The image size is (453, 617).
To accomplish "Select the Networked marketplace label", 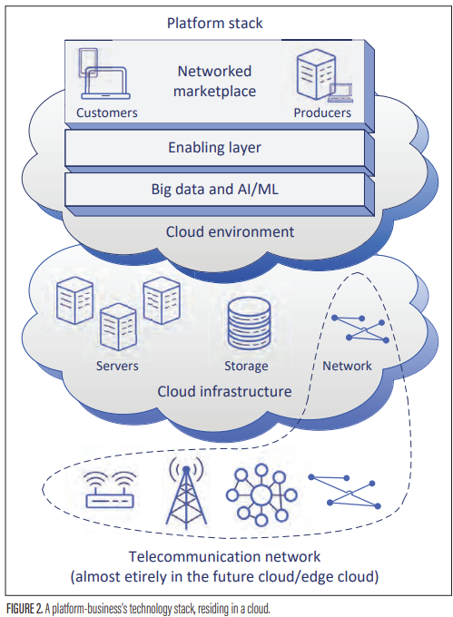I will (x=216, y=81).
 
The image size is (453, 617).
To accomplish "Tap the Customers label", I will (x=106, y=113).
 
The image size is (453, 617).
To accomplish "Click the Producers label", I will (x=322, y=113).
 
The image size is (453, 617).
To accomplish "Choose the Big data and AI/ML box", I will (x=217, y=190).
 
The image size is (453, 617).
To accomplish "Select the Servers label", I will (x=117, y=366).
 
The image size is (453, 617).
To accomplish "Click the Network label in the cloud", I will (x=347, y=366).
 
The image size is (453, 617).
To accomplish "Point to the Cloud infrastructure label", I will (x=224, y=392).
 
